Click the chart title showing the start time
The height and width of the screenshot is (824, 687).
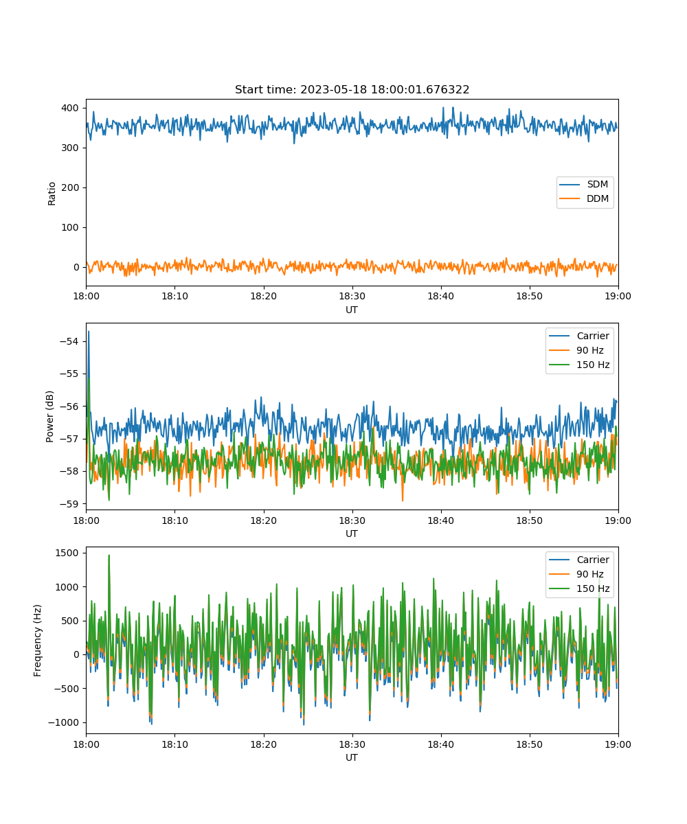click(352, 89)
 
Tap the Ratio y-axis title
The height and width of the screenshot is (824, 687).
click(52, 194)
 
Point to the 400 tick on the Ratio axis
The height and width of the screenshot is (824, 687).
click(70, 108)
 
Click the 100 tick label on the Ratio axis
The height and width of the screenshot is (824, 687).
click(70, 227)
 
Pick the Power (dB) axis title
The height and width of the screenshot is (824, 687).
click(49, 416)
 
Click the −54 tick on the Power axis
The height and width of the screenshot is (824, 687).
click(69, 341)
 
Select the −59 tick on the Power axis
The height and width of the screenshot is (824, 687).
click(69, 504)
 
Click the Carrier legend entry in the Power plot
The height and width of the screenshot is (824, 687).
click(579, 336)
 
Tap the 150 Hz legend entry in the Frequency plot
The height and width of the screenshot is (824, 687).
click(579, 588)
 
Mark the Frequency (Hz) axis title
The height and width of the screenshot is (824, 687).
click(37, 641)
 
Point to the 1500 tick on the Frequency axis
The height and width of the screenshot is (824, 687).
click(67, 553)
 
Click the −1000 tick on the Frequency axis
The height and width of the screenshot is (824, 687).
click(63, 722)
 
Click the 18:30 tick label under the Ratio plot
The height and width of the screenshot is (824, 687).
click(352, 296)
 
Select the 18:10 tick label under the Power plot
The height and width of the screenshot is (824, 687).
click(175, 520)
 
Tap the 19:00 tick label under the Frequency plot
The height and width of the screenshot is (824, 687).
click(618, 744)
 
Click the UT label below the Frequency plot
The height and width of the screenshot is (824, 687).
click(352, 757)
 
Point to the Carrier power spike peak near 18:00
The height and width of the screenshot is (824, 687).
click(89, 332)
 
